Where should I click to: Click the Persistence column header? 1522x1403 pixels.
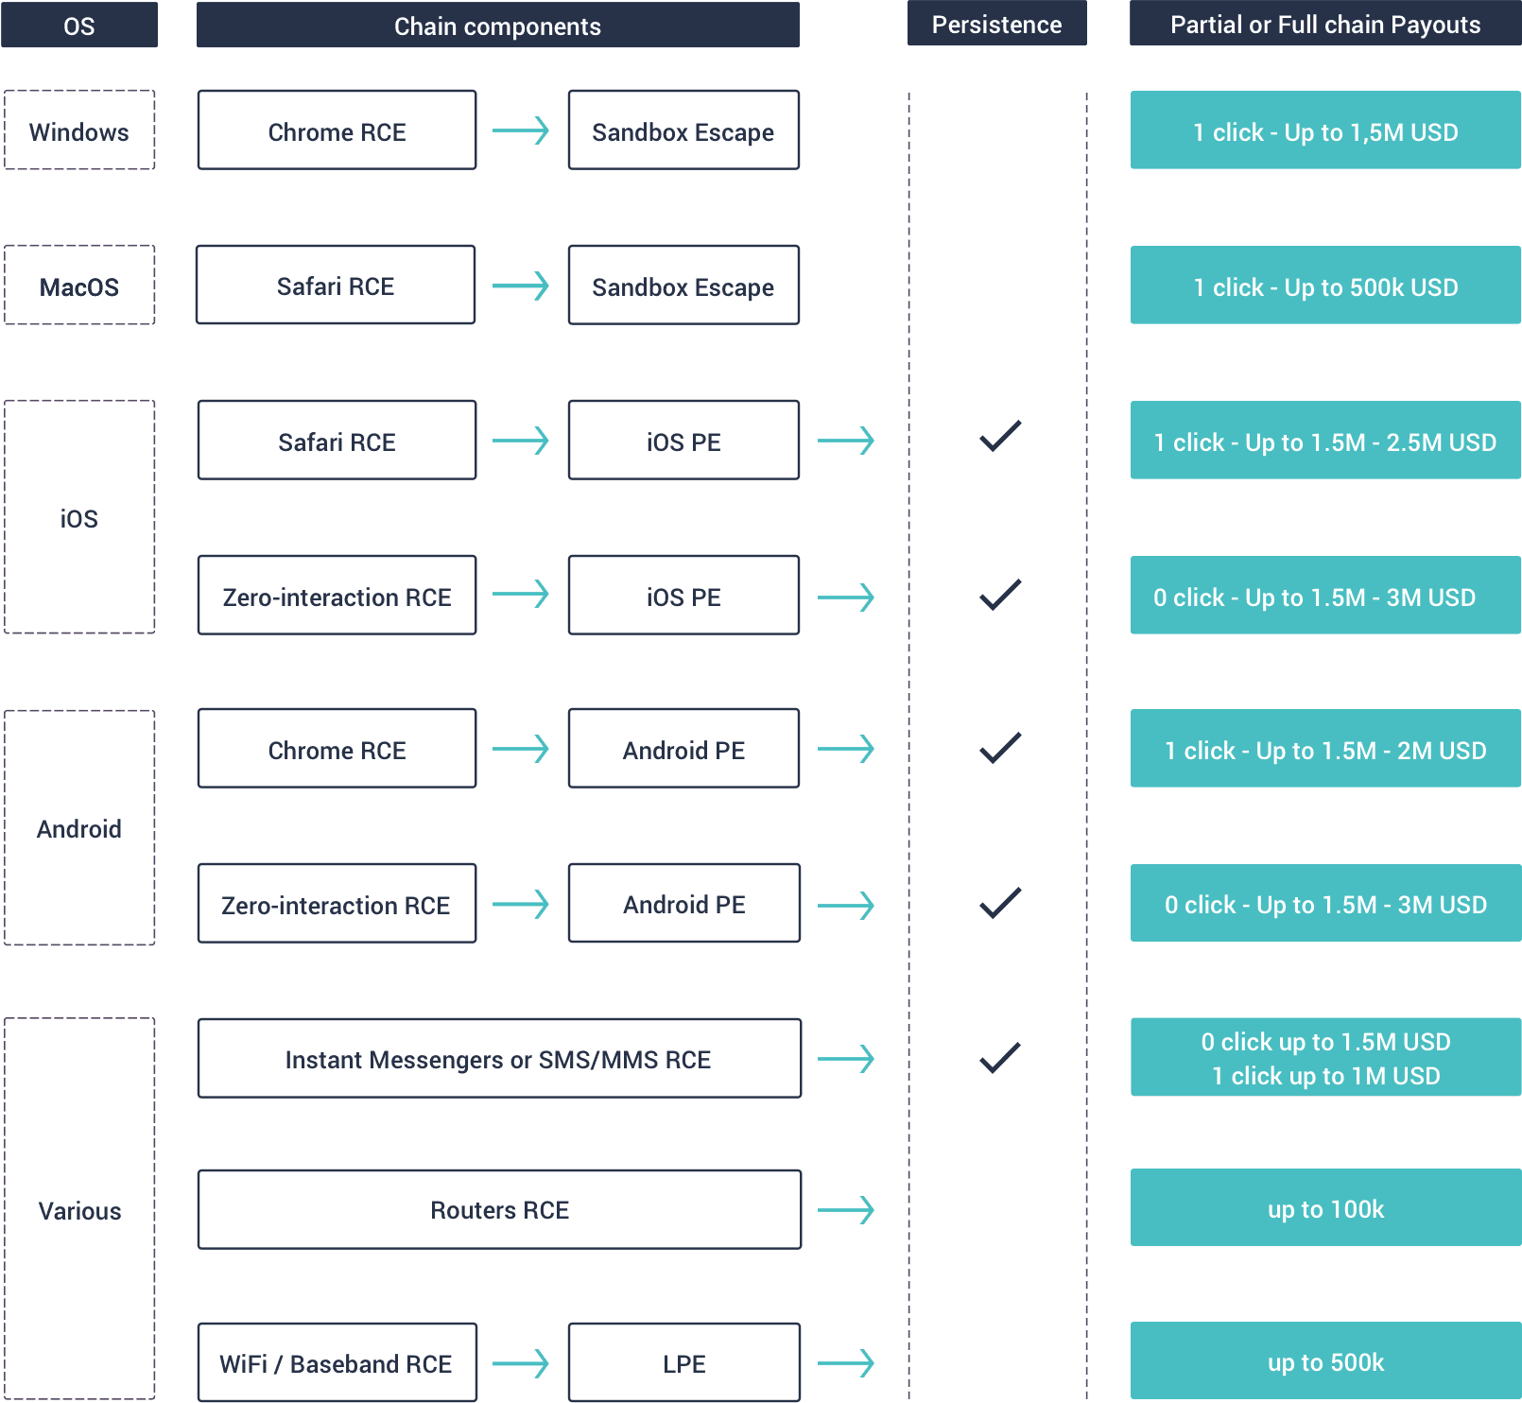tap(996, 24)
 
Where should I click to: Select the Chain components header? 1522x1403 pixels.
tap(497, 25)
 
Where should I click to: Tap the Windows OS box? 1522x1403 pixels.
tap(79, 130)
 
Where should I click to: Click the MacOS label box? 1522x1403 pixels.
tap(79, 286)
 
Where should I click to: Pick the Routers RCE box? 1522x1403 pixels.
tap(499, 1210)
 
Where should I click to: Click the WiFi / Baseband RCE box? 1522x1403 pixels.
tap(337, 1362)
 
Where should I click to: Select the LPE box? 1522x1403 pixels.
tap(684, 1362)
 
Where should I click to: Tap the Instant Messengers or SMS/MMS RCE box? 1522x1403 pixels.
tap(499, 1059)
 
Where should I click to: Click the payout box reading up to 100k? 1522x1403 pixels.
tap(1325, 1207)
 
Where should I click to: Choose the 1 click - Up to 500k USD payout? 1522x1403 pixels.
tap(1325, 286)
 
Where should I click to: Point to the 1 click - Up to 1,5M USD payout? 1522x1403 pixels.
tap(1325, 130)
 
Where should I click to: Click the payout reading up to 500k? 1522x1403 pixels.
tap(1325, 1360)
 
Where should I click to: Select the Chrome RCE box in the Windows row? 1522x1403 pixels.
tap(337, 130)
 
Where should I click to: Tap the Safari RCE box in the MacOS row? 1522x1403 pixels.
tap(336, 285)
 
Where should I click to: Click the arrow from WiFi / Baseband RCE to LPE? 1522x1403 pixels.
tap(521, 1363)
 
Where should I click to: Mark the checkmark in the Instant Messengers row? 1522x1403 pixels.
tap(1000, 1058)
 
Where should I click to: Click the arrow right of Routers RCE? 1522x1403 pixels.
tap(846, 1210)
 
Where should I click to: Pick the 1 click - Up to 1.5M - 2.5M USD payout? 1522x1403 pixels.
tap(1325, 441)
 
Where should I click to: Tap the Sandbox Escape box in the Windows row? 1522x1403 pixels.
tap(683, 130)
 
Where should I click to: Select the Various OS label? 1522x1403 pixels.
tap(79, 1211)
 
